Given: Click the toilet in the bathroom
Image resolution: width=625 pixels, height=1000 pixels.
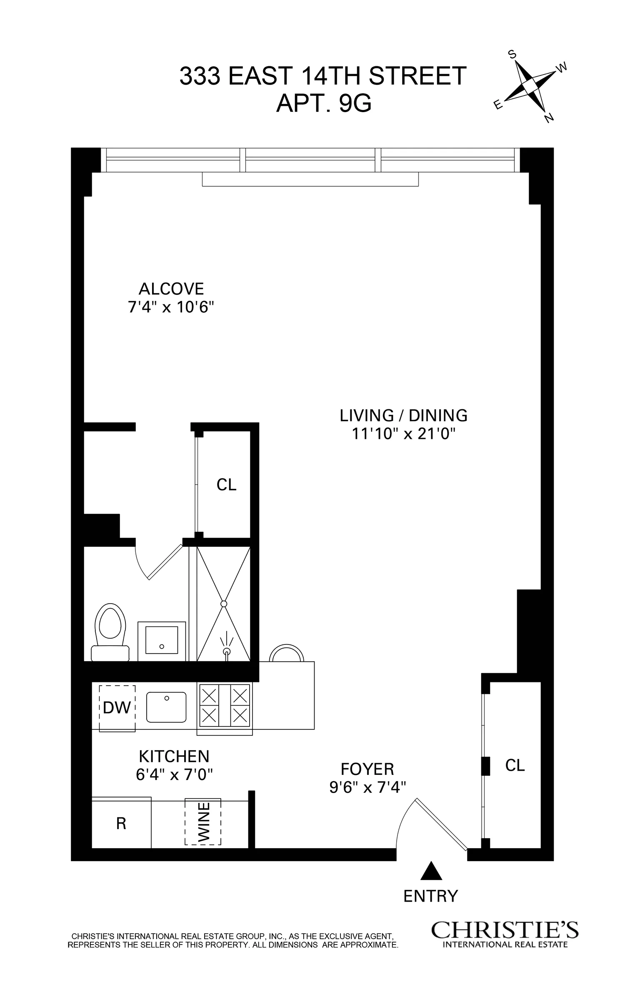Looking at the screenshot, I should click(x=110, y=633).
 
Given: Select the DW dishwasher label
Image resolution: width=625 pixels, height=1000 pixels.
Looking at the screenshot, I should click(x=117, y=707).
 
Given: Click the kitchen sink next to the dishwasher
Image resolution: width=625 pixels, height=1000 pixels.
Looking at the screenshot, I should click(x=166, y=707).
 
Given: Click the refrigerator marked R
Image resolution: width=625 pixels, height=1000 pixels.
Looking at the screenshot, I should click(x=121, y=823).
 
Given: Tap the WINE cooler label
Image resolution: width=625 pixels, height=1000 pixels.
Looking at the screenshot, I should click(x=203, y=822).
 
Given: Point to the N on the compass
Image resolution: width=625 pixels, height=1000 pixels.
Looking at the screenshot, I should click(x=549, y=118).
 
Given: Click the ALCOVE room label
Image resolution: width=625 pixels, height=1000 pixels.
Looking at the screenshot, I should click(x=171, y=288).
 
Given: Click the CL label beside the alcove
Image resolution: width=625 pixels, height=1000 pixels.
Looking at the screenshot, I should click(x=226, y=484).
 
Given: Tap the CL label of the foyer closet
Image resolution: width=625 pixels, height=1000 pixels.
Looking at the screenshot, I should click(x=515, y=765).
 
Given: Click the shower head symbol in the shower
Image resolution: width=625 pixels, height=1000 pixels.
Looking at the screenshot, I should click(x=226, y=651).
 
